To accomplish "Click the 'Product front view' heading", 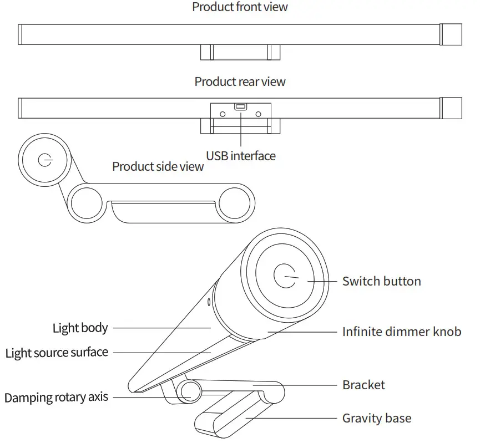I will [x=240, y=7].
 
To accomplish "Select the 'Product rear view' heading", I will [x=240, y=82].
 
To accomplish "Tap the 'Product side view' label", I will [x=158, y=166].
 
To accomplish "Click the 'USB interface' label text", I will [x=240, y=156].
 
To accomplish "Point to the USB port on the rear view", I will [x=240, y=106].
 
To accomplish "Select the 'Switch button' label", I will [x=381, y=281].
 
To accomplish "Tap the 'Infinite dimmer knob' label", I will [x=401, y=332].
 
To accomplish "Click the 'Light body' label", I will [x=80, y=328].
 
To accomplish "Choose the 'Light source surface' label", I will [x=57, y=353].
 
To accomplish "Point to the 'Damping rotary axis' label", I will [x=56, y=398].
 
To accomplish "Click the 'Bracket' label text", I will [x=363, y=385].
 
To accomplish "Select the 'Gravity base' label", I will [x=377, y=418].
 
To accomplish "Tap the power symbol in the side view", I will [x=44, y=160].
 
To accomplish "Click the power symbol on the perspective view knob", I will [x=285, y=276].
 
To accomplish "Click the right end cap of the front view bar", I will [x=451, y=34].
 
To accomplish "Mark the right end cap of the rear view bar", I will [x=451, y=108].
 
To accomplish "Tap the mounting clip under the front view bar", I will [x=240, y=53].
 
